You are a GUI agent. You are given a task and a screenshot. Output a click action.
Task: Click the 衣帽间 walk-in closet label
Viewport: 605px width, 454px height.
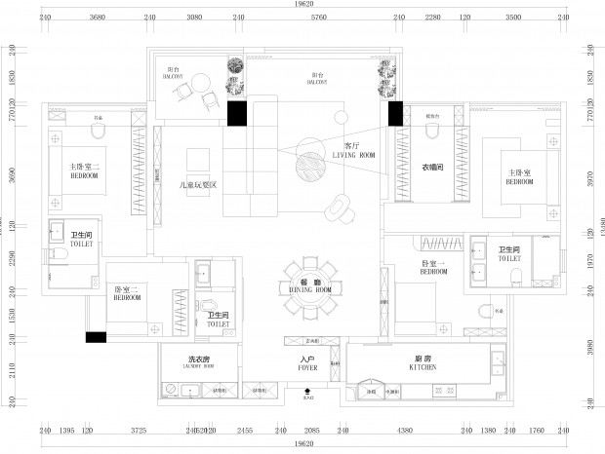[432, 168]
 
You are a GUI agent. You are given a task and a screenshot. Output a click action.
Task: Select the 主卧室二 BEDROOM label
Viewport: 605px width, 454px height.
[85, 170]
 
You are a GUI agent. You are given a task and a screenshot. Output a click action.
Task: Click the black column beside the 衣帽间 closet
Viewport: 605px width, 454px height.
[395, 114]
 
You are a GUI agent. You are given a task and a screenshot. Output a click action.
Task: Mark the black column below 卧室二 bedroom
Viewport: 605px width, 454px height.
[96, 337]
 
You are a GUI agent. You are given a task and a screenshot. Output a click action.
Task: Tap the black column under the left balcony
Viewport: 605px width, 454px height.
[236, 112]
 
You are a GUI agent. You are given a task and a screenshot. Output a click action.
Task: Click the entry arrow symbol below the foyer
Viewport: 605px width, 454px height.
[308, 391]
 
